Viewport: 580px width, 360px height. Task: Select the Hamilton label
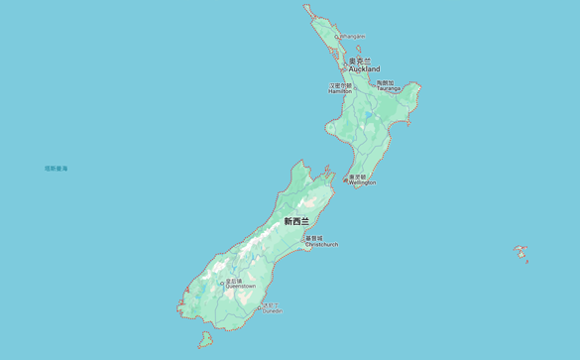point(340,91)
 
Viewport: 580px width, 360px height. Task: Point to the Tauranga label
point(389,88)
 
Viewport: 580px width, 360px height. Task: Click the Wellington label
point(362,182)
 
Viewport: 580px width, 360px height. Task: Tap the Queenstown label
point(240,287)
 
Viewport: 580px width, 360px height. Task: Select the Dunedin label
point(272,311)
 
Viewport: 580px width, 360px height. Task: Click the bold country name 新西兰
point(296,221)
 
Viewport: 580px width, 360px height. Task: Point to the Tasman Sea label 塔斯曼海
point(56,169)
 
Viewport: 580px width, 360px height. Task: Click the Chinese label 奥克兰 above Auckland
point(360,61)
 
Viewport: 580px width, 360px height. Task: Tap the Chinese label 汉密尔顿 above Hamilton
point(340,85)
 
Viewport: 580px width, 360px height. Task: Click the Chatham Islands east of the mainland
point(520,251)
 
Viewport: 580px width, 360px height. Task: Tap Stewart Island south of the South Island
point(205,339)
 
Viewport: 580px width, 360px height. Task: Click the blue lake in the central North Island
point(370,116)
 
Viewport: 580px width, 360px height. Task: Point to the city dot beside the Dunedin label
point(260,308)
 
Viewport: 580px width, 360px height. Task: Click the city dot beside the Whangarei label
point(338,37)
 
